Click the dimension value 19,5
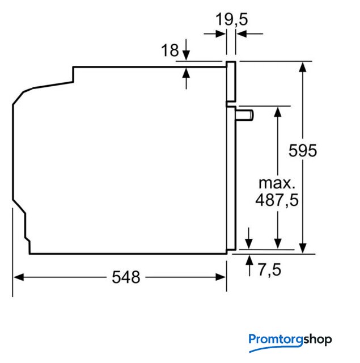(232, 19)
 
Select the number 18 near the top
(170, 50)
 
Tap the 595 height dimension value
(303, 150)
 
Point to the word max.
(277, 183)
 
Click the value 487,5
(277, 200)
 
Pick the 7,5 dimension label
(269, 270)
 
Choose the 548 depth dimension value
(126, 277)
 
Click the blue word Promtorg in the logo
(276, 340)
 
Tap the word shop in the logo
(317, 339)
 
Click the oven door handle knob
(244, 115)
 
